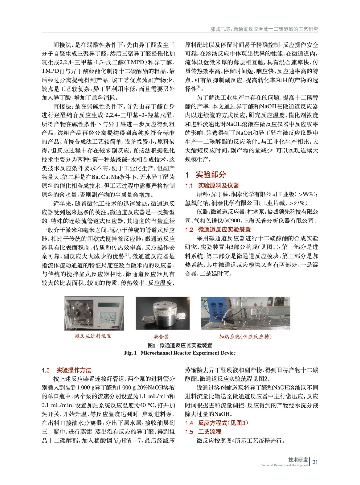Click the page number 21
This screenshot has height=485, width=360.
click(x=315, y=462)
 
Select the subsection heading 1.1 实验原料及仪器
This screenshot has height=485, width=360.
click(x=212, y=186)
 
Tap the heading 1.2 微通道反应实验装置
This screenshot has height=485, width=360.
click(x=218, y=229)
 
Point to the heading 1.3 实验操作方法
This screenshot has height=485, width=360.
click(x=66, y=370)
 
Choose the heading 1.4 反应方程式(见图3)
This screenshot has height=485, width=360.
click(x=217, y=423)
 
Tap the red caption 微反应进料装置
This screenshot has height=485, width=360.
click(x=93, y=336)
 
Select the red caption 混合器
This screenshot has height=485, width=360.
click(x=161, y=336)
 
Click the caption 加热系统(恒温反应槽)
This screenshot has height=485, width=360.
click(x=245, y=336)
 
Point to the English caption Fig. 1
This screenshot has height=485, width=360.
click(x=130, y=353)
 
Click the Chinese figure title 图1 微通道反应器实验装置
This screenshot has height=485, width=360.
click(x=180, y=345)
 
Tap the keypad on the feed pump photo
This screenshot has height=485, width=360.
click(x=107, y=318)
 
